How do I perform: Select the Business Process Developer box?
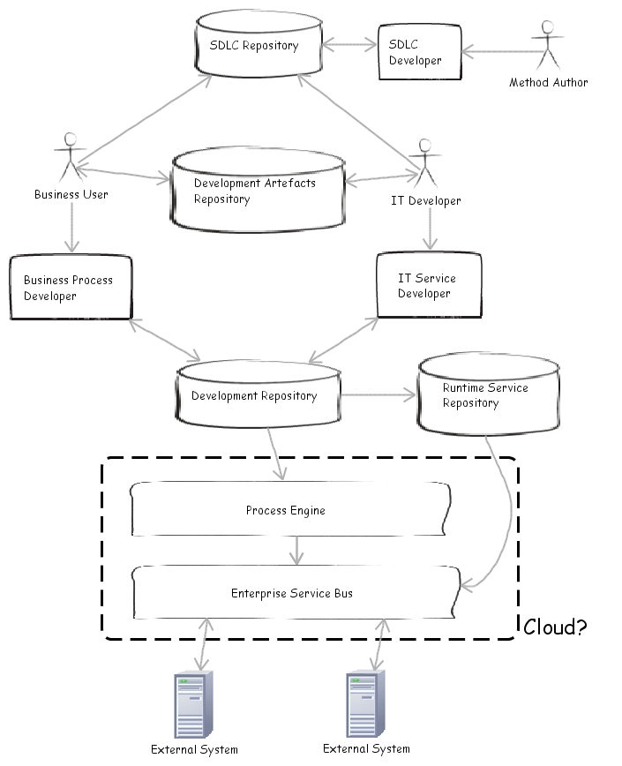pyautogui.click(x=70, y=288)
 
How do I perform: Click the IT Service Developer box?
pyautogui.click(x=428, y=285)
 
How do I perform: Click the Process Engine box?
pyautogui.click(x=285, y=511)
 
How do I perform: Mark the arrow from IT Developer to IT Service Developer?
pyautogui.click(x=429, y=229)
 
